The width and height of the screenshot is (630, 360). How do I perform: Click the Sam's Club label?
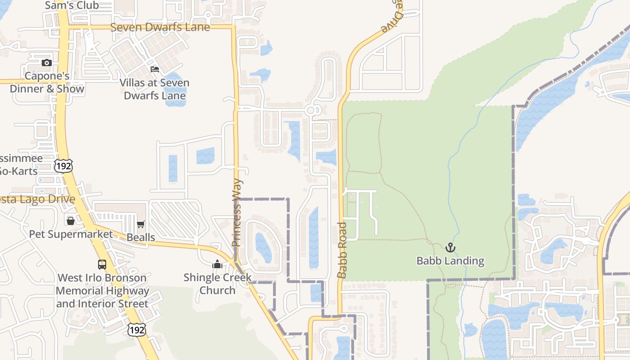click(x=72, y=5)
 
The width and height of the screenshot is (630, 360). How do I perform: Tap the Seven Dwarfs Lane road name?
click(x=160, y=27)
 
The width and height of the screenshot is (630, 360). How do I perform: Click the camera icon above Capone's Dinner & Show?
click(x=47, y=63)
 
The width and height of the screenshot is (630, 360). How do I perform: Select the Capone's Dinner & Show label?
click(x=47, y=82)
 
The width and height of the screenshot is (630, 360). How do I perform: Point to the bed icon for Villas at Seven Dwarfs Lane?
click(x=155, y=69)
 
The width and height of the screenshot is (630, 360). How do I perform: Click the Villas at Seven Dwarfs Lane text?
click(x=154, y=89)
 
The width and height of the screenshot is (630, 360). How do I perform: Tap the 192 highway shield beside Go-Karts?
click(x=63, y=166)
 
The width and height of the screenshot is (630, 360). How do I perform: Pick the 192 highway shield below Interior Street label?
click(x=136, y=330)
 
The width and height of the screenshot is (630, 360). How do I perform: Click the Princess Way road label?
click(x=237, y=213)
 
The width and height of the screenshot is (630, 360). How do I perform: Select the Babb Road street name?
click(x=342, y=250)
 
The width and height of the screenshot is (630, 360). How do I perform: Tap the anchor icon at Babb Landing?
click(x=450, y=247)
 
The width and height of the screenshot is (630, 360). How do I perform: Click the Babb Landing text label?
click(x=450, y=261)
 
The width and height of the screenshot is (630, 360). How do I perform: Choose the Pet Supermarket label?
click(x=71, y=234)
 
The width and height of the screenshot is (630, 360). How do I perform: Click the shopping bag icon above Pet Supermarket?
click(x=71, y=220)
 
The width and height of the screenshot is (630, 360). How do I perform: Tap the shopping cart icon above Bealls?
click(x=141, y=224)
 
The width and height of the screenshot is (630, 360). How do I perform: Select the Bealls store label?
click(x=141, y=237)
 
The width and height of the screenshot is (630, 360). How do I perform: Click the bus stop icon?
click(x=102, y=264)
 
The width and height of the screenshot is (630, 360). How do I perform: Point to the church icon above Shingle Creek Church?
click(x=217, y=264)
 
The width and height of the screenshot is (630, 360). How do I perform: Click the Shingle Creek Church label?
click(x=217, y=284)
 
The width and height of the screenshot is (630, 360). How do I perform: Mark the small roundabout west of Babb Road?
click(x=310, y=110)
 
